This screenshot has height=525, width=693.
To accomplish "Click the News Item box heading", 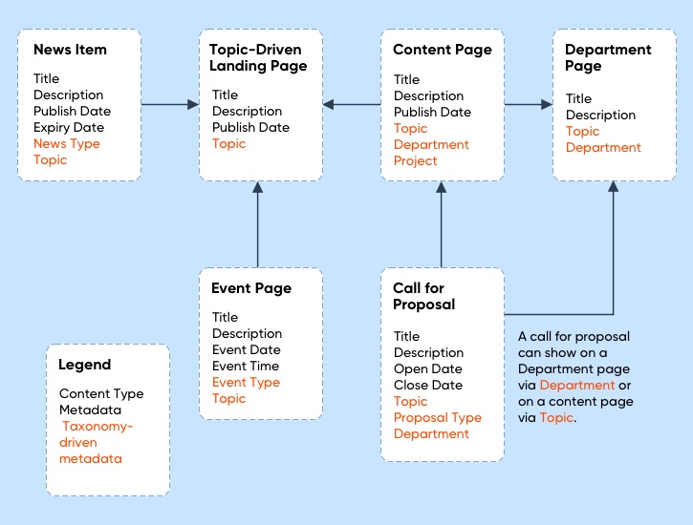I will (x=70, y=50).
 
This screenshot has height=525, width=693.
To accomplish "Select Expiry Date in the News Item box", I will (x=69, y=128).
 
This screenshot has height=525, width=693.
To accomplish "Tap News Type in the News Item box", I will (x=66, y=144).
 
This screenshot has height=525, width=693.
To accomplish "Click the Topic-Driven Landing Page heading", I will (x=258, y=58).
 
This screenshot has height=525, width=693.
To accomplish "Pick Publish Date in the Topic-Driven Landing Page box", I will (x=250, y=128).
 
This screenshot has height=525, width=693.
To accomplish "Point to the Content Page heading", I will (x=443, y=50).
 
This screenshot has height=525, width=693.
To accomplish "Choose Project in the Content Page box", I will (x=416, y=160).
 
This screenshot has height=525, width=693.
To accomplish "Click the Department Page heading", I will (x=608, y=58).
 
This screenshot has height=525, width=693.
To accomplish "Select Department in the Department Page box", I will (x=603, y=148).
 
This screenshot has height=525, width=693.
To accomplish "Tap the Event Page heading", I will (x=251, y=288).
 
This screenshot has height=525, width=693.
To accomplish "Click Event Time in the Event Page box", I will (x=246, y=367).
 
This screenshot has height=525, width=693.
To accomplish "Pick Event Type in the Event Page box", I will (x=246, y=383).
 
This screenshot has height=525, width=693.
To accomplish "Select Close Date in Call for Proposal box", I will (x=427, y=386).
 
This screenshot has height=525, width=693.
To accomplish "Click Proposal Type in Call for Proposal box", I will (x=438, y=418).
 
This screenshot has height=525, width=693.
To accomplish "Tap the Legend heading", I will (x=84, y=365).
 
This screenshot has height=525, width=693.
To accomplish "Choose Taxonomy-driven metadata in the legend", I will (x=97, y=443).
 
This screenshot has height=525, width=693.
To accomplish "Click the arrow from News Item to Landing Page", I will (x=169, y=104).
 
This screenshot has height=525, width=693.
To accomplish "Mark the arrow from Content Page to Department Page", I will (x=529, y=104).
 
